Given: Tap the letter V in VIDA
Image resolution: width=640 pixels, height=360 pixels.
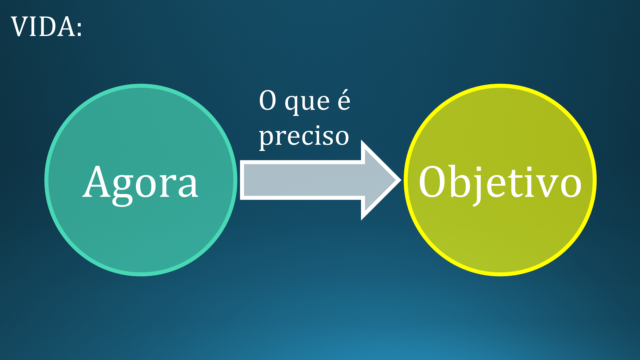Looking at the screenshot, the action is point(19,27).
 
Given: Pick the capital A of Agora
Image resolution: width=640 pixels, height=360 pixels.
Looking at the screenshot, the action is point(97,181).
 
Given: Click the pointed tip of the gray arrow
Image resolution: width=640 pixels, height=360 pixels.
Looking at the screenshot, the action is point(401,180).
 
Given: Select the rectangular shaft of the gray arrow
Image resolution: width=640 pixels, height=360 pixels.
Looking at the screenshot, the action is point(301,180).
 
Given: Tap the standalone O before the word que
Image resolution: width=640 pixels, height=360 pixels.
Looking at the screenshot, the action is point(268,100).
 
